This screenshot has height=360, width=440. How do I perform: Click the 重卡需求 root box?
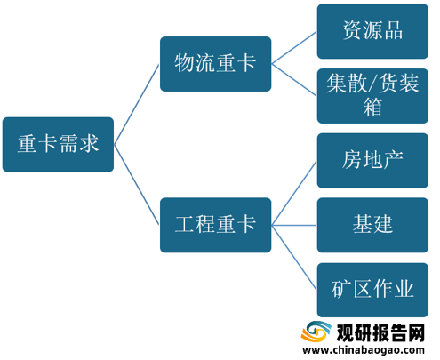[58, 145]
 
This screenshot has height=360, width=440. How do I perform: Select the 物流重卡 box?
[216, 64]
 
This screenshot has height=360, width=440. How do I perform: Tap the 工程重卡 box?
[216, 225]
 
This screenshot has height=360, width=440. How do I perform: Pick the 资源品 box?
[372, 31]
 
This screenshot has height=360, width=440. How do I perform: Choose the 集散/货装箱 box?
[372, 96]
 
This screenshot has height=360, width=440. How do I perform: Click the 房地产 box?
[372, 161]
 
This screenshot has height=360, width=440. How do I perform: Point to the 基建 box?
[372, 225]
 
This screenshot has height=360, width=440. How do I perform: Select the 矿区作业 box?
[372, 290]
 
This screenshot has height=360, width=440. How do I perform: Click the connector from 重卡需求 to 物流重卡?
[137, 104]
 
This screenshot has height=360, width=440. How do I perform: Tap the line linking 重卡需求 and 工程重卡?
[137, 185]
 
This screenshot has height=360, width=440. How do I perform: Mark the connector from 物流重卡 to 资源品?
[294, 48]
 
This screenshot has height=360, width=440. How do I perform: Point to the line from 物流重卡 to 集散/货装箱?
[294, 80]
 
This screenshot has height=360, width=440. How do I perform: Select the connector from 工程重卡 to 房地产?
[294, 193]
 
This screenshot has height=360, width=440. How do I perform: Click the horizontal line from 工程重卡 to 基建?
[294, 225]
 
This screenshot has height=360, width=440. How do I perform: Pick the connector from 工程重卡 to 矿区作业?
[294, 257]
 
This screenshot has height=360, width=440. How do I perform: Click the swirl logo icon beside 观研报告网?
[316, 332]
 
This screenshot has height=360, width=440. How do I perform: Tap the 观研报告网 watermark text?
[380, 332]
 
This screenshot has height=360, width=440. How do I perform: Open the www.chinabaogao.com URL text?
[364, 350]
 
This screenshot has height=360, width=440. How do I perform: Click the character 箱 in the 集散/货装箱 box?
[372, 107]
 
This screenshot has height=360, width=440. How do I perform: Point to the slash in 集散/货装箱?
[372, 84]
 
